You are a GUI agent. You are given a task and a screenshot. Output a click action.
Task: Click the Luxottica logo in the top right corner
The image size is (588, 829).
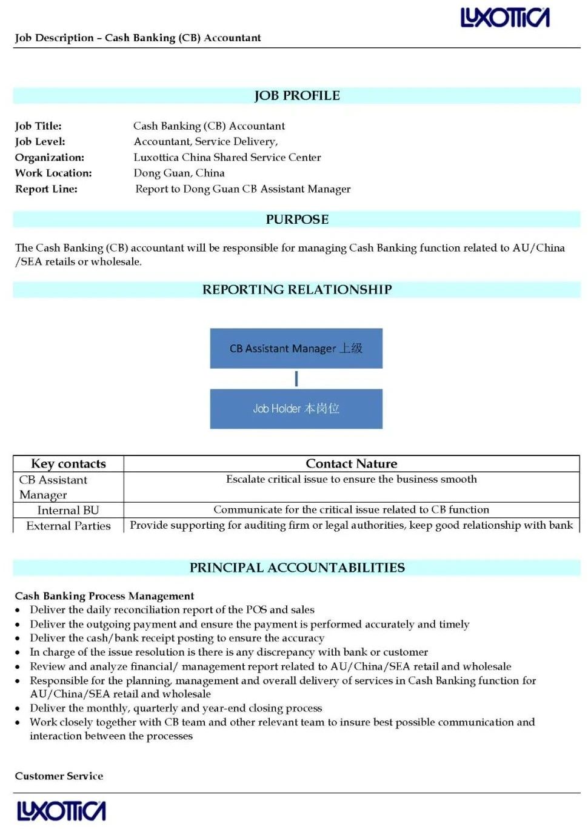point(505,18)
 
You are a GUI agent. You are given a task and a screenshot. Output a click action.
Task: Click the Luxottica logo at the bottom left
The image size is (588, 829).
point(61,811)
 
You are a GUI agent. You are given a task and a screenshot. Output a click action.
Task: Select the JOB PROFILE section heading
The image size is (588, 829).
point(297,96)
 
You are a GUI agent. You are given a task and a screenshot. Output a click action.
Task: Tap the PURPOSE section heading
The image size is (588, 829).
point(297,220)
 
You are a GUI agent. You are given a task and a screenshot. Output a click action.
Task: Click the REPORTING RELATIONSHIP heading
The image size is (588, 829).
point(297,290)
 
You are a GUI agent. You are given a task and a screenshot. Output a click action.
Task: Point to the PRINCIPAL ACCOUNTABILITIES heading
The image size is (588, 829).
point(297,568)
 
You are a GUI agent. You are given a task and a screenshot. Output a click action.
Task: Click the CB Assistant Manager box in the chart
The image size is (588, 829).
point(296,348)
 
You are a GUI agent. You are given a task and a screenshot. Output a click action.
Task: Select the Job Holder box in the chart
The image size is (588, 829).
point(296,409)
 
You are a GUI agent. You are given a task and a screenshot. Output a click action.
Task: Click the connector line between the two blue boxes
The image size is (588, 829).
point(296,379)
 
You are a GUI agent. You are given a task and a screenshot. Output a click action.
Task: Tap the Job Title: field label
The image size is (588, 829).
point(38,126)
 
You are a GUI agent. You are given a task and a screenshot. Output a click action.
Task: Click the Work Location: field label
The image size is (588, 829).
point(53,173)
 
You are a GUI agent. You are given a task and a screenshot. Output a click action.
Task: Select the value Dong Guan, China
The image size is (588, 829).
point(179,173)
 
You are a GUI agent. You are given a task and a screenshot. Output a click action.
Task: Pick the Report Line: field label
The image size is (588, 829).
point(46,189)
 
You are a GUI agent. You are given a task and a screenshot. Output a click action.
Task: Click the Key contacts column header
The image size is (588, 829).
point(68,464)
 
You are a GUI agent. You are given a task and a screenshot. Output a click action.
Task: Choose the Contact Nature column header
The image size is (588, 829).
point(352,464)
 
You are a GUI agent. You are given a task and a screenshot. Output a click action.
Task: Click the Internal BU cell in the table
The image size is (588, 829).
point(68,510)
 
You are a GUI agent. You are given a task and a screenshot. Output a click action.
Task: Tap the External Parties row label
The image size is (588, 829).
point(68,526)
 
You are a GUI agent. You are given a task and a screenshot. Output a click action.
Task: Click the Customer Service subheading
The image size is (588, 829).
point(59,776)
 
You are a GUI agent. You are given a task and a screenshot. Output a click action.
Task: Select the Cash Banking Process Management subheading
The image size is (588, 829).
point(104,596)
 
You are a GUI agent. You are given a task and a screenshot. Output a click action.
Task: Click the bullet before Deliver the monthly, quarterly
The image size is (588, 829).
point(18,708)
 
